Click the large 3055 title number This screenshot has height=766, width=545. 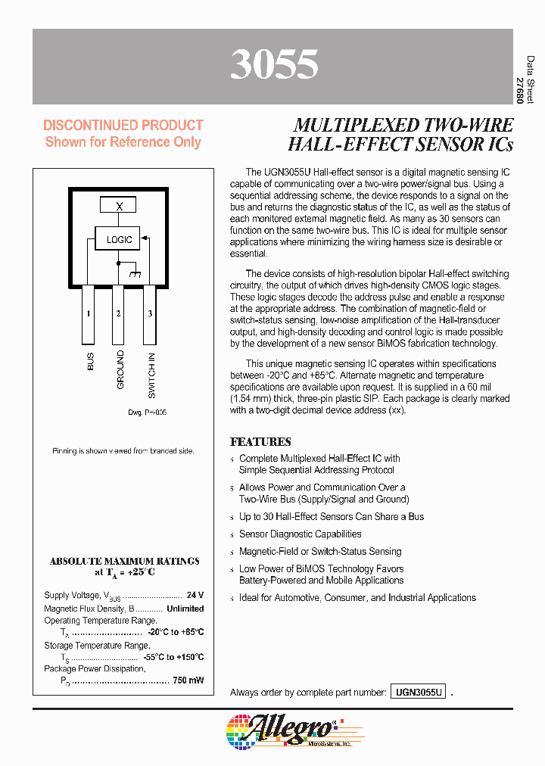(273, 65)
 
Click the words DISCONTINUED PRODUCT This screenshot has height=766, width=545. (123, 125)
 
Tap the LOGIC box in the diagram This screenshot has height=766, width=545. (119, 239)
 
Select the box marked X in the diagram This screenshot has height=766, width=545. (119, 206)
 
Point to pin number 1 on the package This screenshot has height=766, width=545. (89, 313)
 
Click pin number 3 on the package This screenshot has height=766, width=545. (150, 313)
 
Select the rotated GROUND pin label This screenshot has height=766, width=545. (120, 370)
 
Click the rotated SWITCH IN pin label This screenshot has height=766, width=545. (151, 375)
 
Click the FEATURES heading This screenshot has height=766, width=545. (260, 441)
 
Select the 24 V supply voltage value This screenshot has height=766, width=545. (195, 596)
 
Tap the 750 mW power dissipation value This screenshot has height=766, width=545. (188, 680)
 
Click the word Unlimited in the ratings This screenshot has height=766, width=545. (185, 608)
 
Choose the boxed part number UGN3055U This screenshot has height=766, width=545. (418, 692)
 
